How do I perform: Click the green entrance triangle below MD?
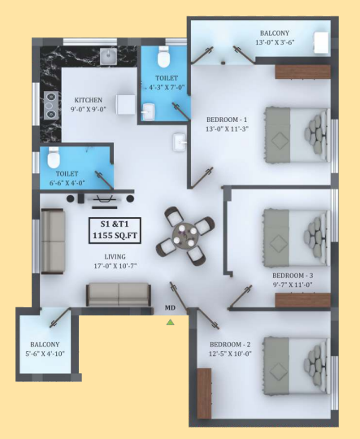[170, 322]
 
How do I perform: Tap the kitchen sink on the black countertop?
[109, 56]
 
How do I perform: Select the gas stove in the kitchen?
[51, 106]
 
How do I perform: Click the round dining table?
[185, 236]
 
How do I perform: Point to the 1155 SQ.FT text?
[115, 235]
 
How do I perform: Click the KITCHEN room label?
[89, 100]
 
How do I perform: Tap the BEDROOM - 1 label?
[227, 120]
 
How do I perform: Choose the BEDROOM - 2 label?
[230, 345]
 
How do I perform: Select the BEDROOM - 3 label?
[293, 276]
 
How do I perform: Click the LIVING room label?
[115, 257]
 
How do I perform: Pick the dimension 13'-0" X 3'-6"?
[275, 42]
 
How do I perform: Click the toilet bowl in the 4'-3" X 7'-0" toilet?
[163, 57]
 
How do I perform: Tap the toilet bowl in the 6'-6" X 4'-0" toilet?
[54, 158]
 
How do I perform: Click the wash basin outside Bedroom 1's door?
[180, 142]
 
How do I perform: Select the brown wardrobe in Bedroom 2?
[204, 393]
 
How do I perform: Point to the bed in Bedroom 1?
[297, 135]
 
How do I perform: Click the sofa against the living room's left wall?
[53, 241]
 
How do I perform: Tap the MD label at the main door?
[170, 308]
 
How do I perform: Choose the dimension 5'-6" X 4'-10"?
[45, 354]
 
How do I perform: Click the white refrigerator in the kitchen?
[126, 104]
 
